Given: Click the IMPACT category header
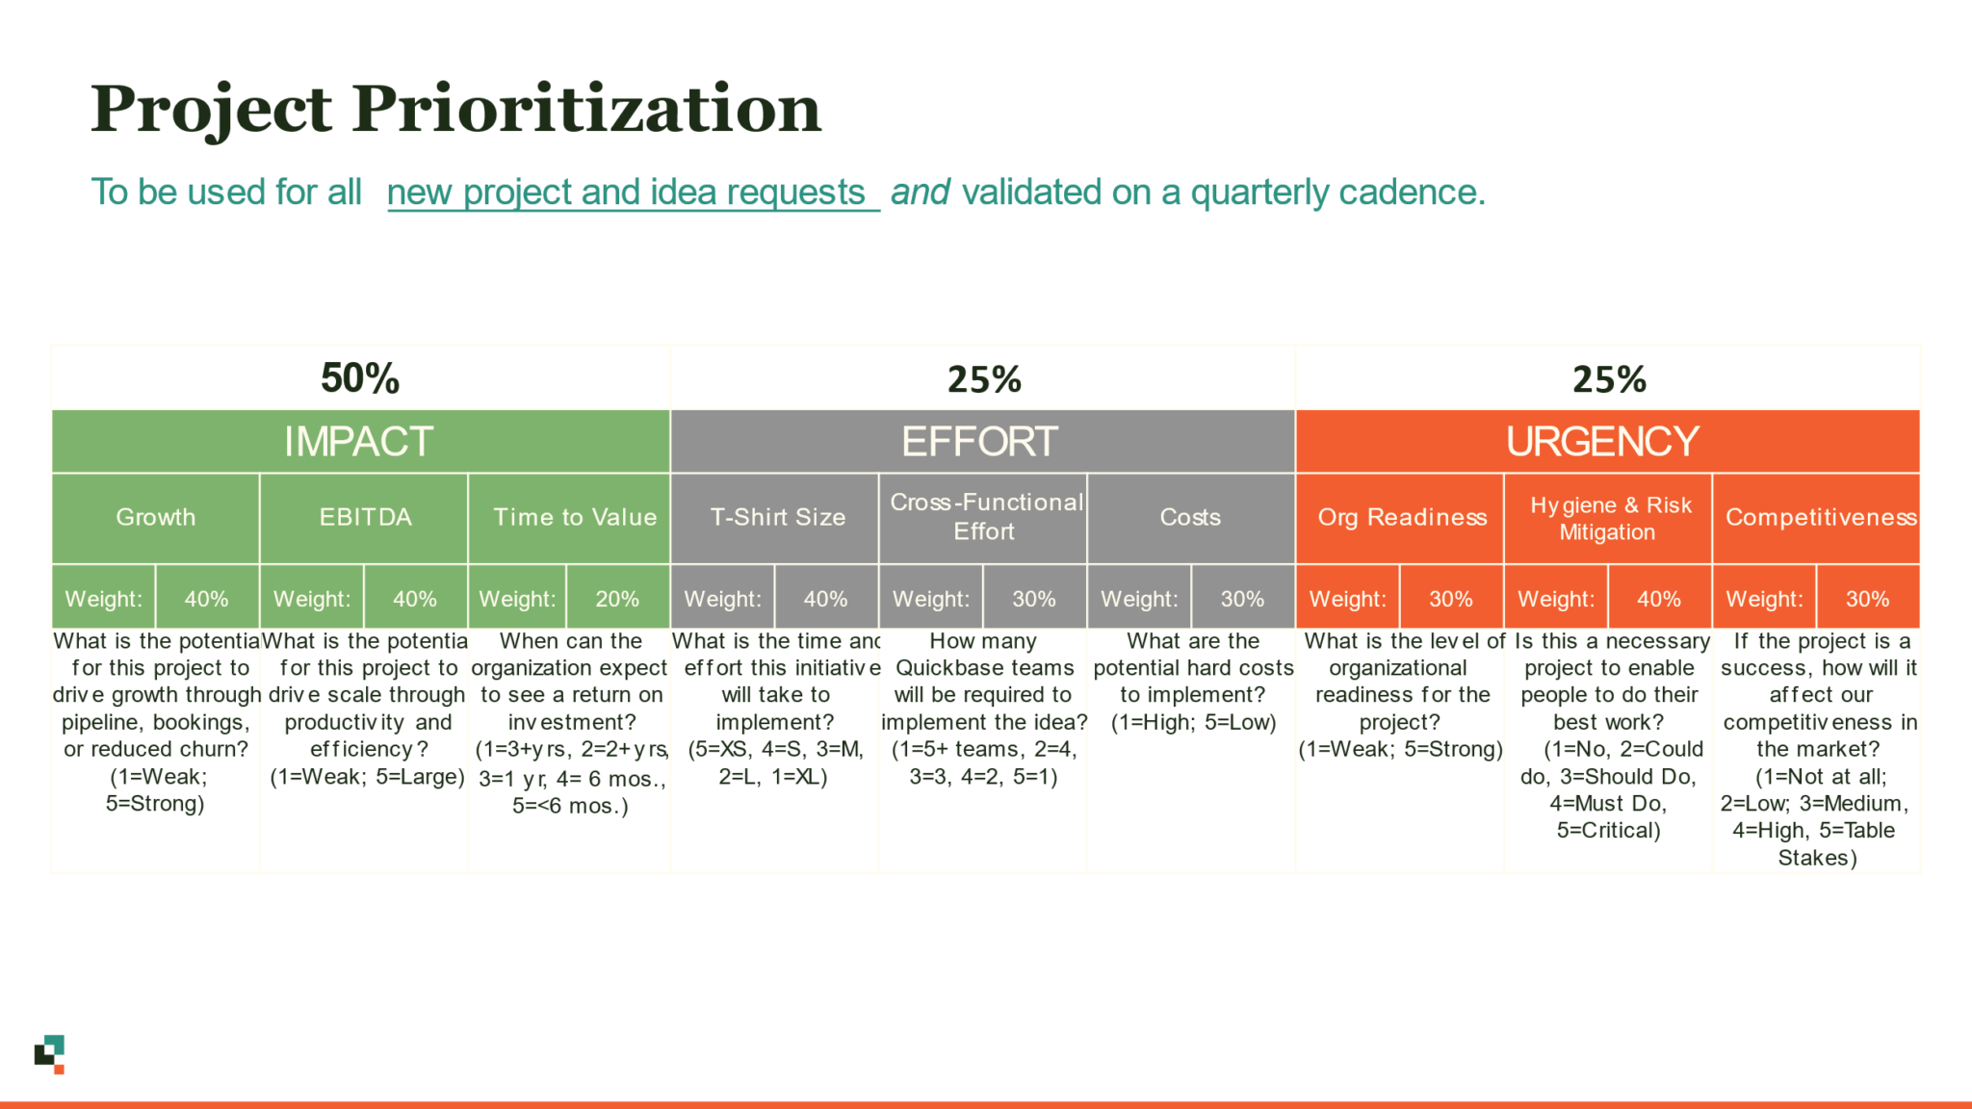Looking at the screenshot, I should (358, 442).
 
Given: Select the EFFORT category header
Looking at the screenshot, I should (980, 442).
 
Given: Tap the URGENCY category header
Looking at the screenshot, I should (1603, 442).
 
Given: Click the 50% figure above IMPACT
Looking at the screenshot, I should (360, 378).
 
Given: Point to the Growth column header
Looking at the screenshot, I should (156, 517).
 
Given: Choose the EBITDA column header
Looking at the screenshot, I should (365, 517).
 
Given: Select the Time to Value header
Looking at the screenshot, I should (575, 517).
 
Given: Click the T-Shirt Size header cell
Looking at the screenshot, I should (778, 517).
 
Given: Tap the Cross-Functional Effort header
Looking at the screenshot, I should (985, 517).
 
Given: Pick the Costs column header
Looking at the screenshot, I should (1190, 517).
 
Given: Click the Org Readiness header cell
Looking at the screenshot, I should (1402, 517).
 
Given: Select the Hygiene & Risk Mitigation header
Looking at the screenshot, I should (1609, 518).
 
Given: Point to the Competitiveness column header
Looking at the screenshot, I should (1820, 517).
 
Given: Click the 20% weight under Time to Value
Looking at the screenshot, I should (617, 599).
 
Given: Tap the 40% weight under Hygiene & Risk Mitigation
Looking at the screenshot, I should (1659, 599).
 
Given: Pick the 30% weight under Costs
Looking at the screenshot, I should (1242, 599).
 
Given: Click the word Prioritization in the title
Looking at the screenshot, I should (586, 109).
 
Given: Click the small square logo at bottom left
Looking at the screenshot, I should (50, 1054).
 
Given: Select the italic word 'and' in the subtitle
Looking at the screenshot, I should (921, 193).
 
